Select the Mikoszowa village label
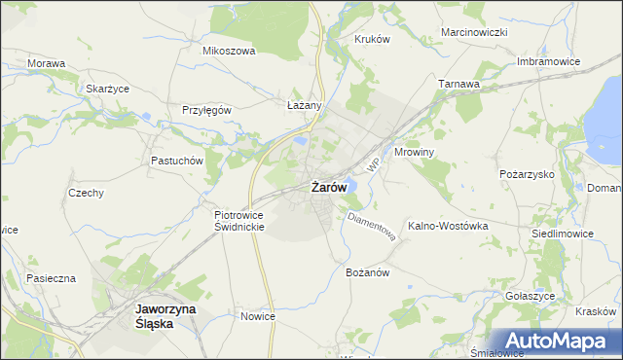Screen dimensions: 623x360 (x=228, y=51)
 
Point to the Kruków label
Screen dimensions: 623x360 (x=372, y=39)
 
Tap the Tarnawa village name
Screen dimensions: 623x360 (x=458, y=84)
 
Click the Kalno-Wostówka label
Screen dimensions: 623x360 (x=448, y=225)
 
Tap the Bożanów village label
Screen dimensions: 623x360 (x=367, y=272)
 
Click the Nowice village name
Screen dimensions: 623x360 (x=258, y=316)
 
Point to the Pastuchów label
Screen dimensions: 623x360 (x=175, y=161)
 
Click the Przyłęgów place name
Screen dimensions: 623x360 (x=206, y=110)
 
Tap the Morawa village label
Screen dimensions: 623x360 (x=47, y=63)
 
